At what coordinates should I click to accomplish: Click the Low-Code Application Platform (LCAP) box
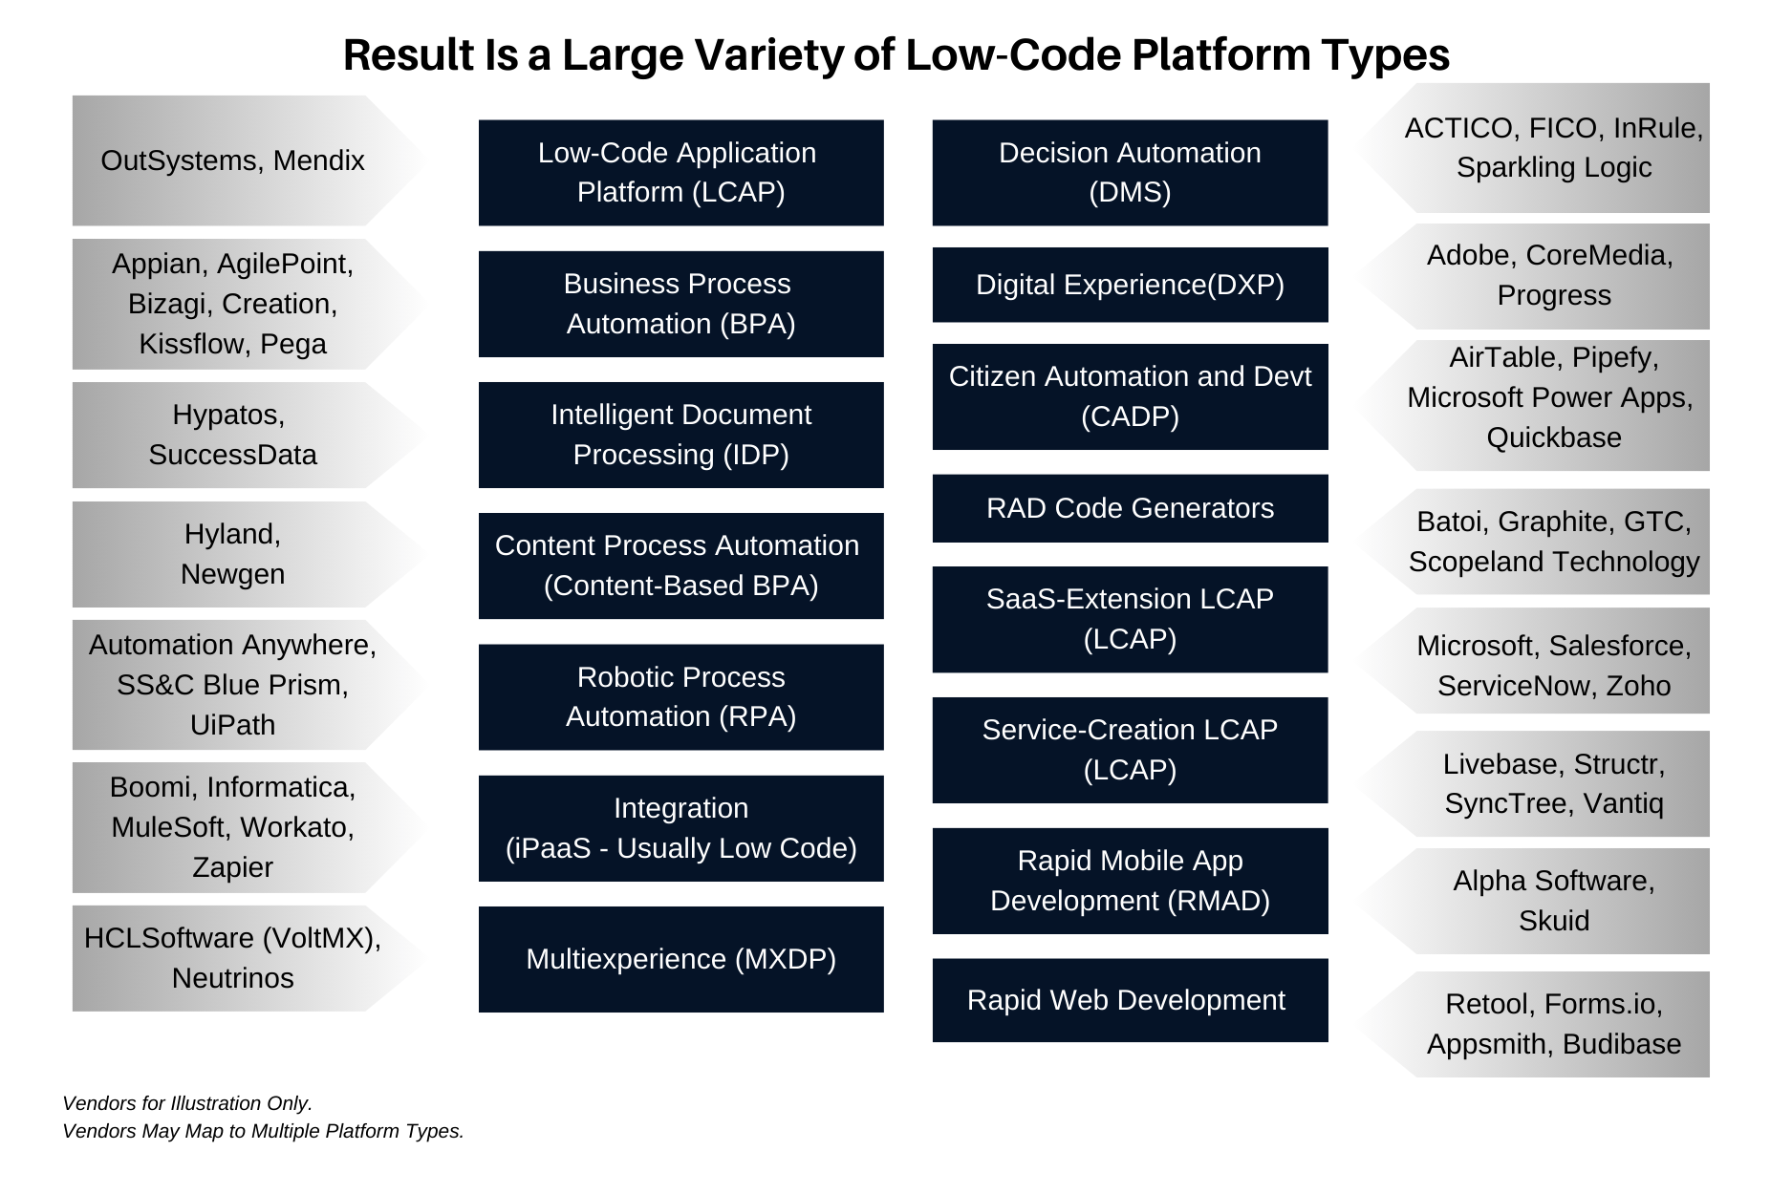[680, 173]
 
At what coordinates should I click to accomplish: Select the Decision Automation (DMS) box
[1130, 173]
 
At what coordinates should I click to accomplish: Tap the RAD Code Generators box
[1130, 508]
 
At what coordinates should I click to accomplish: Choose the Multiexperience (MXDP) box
[680, 959]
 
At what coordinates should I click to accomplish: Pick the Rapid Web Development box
[1130, 1000]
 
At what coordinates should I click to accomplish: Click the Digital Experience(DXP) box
[1130, 285]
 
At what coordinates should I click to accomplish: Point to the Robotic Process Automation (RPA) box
[680, 697]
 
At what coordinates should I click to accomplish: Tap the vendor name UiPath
[232, 725]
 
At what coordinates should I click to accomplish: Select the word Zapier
[232, 867]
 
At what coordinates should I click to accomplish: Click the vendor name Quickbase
[1553, 437]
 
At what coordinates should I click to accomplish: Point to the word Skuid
[1553, 921]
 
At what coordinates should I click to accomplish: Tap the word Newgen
[232, 574]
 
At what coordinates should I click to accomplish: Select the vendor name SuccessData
[232, 455]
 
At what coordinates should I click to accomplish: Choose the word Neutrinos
[232, 978]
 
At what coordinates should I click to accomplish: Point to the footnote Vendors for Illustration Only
[187, 1103]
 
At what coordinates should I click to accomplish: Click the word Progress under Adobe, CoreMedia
[1553, 295]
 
